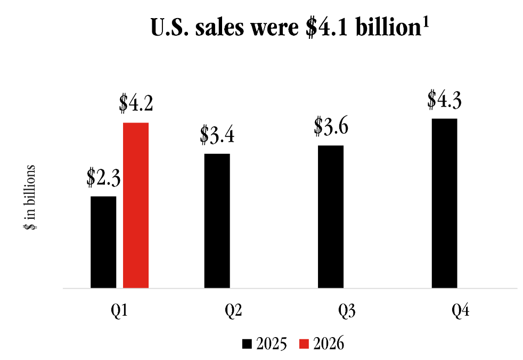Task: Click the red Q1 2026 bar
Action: coord(136,205)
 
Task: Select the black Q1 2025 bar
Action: coord(103,242)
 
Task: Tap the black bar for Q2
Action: coord(217,220)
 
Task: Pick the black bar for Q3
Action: coord(331,216)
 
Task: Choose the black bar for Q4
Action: coord(445,203)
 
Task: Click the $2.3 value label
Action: coord(104,177)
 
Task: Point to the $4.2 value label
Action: coord(136,104)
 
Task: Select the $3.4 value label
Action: coord(217,135)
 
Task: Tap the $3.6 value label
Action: coord(331,126)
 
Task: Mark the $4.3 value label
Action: coord(445,100)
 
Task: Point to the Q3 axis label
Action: coord(347,310)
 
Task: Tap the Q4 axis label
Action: coord(461,310)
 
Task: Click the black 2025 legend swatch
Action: coord(246,344)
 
